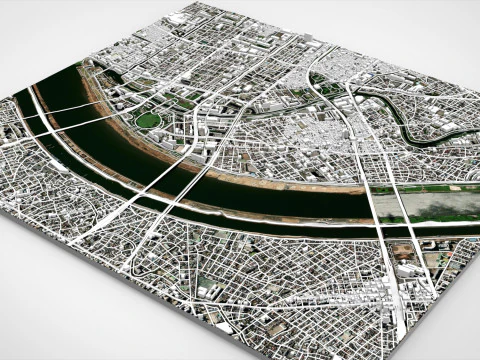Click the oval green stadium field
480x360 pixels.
(148, 120)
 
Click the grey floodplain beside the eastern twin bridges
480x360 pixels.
(440, 205)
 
